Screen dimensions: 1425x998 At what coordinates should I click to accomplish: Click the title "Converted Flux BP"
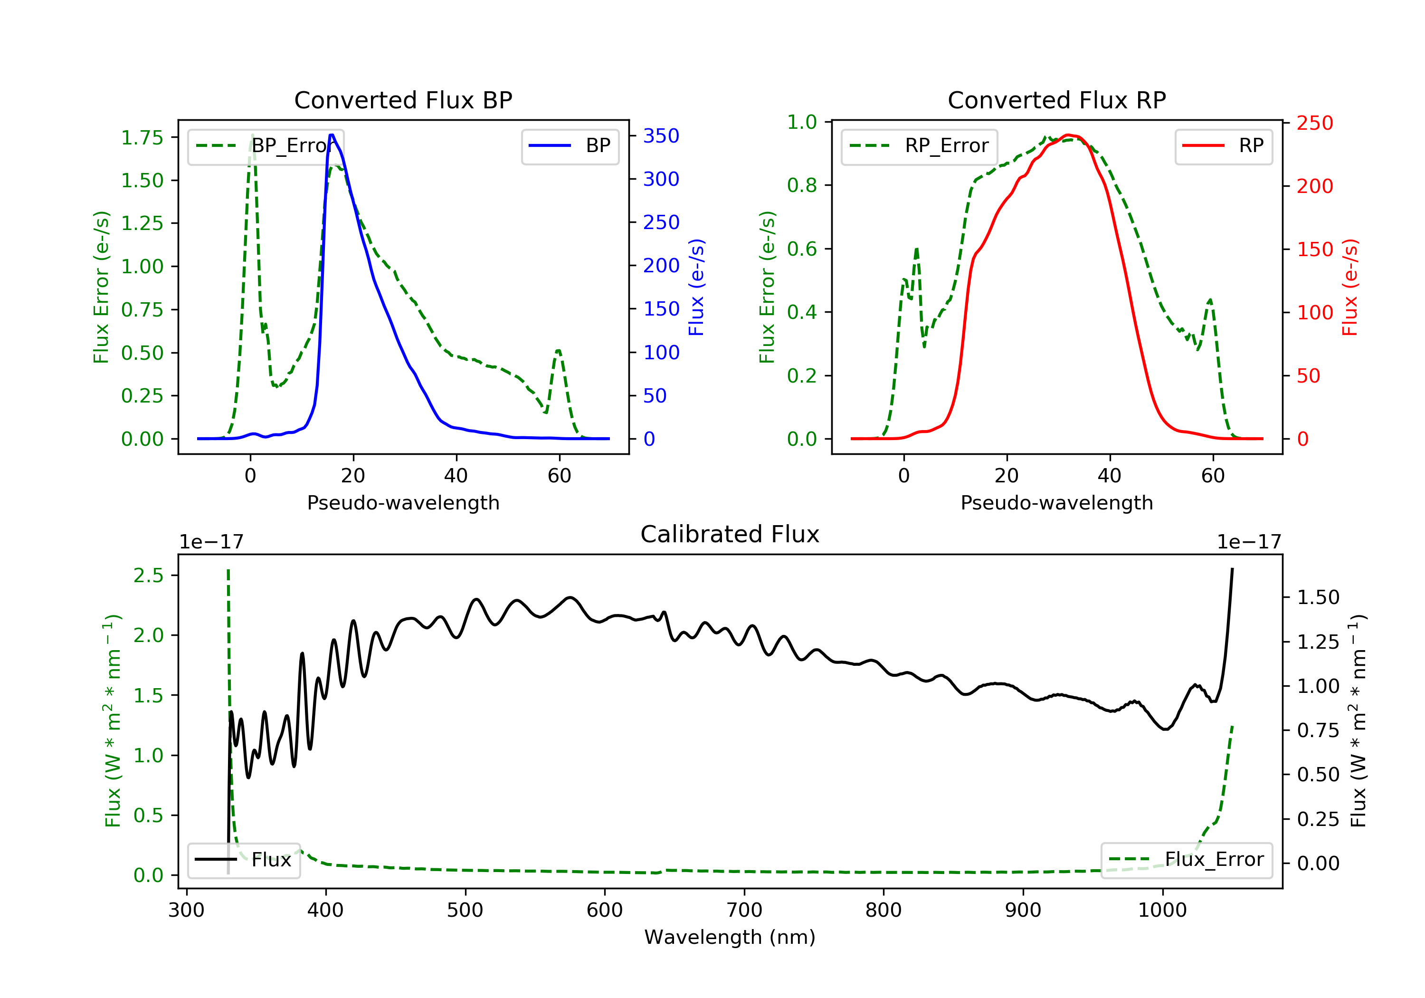(403, 100)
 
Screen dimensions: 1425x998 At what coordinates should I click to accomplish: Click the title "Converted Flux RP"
(1056, 100)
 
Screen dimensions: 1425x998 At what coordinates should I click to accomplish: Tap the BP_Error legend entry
(266, 146)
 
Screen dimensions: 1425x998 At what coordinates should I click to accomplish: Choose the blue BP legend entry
(570, 146)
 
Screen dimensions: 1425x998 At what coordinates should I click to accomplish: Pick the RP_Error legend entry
(919, 146)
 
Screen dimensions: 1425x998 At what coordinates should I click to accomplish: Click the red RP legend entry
(1223, 146)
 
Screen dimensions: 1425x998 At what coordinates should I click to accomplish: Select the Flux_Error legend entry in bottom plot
(1186, 860)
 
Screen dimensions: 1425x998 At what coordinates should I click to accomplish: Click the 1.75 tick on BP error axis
(142, 137)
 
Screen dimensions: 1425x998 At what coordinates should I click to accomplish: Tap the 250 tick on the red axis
(1314, 123)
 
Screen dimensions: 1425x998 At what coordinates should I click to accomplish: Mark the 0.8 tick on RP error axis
(802, 185)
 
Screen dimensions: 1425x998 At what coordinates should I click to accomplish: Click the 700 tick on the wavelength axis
(744, 910)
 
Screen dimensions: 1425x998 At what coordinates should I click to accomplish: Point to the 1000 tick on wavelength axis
(1162, 910)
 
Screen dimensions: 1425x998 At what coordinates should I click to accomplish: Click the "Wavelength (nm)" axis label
(730, 937)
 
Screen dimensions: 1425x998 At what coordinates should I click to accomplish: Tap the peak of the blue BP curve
(332, 135)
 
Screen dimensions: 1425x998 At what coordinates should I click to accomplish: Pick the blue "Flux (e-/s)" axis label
(696, 287)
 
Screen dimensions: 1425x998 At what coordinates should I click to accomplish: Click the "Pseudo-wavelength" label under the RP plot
(1056, 502)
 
